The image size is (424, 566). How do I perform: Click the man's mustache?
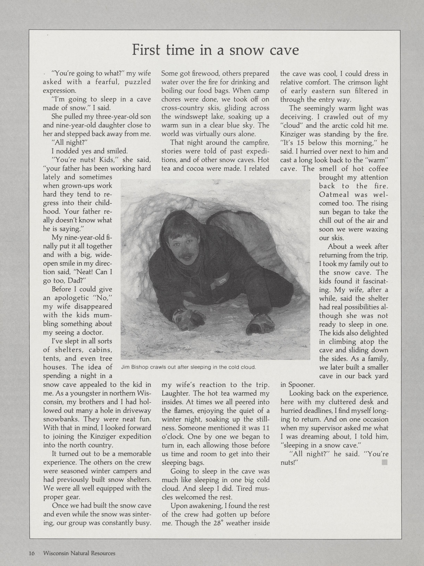point(186,256)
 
